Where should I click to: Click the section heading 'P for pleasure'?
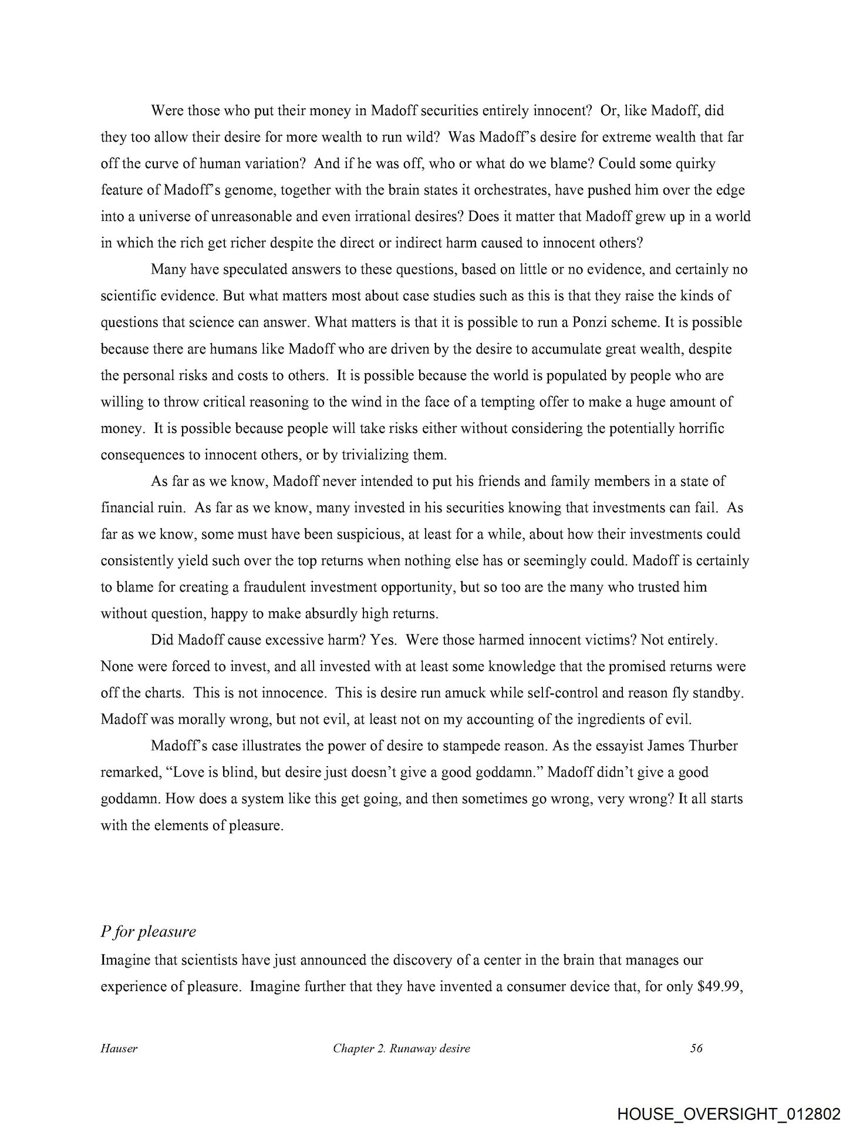[x=148, y=932]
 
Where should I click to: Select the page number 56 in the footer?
[x=696, y=1048]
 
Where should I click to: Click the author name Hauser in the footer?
[x=119, y=1048]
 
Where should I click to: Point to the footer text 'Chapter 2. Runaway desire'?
[x=401, y=1048]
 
